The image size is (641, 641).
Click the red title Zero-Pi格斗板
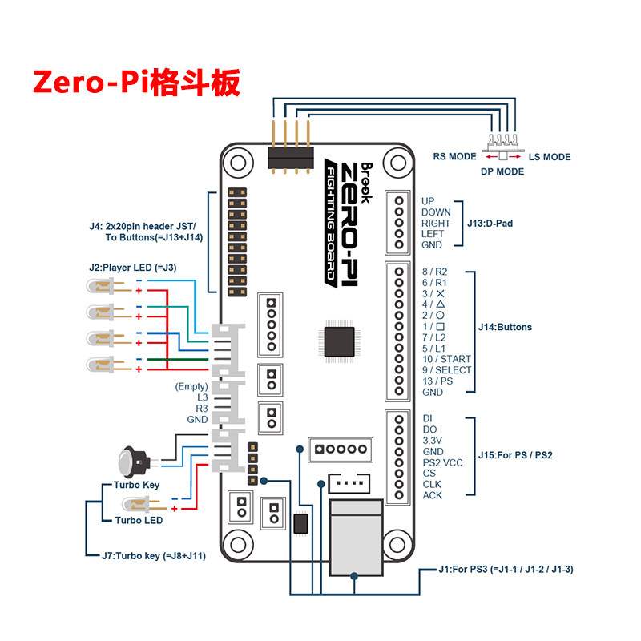[x=136, y=83]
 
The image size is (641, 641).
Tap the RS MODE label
[x=455, y=157]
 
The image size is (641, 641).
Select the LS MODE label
[x=550, y=157]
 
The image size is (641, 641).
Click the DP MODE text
[x=502, y=171]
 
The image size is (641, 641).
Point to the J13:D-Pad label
[x=490, y=223]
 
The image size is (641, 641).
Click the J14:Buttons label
[x=505, y=327]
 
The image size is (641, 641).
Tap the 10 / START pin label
[x=446, y=359]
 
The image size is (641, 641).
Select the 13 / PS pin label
[x=437, y=381]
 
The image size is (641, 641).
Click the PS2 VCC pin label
[x=442, y=462]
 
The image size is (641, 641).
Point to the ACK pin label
[x=432, y=495]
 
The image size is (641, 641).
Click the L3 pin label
[x=202, y=397]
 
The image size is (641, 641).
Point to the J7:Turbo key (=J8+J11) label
[x=154, y=554]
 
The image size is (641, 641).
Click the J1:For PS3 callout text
[x=506, y=570]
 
